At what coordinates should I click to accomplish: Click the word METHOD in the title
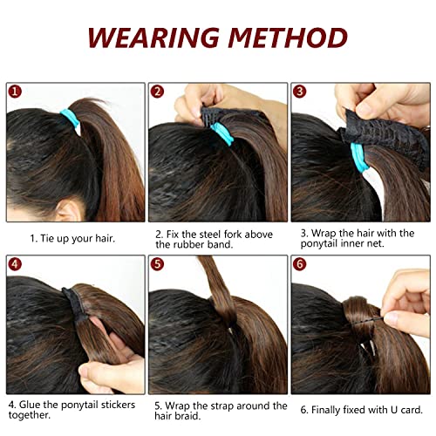(288, 37)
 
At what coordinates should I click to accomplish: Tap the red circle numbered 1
(15, 92)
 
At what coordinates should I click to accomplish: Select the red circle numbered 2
(157, 92)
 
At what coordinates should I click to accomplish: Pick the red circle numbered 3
(300, 92)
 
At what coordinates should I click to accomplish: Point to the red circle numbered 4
(15, 264)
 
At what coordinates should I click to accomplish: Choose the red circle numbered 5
(157, 264)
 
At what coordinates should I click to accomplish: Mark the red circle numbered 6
(300, 264)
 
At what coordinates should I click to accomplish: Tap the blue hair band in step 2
(221, 133)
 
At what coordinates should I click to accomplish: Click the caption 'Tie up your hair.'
(78, 239)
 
